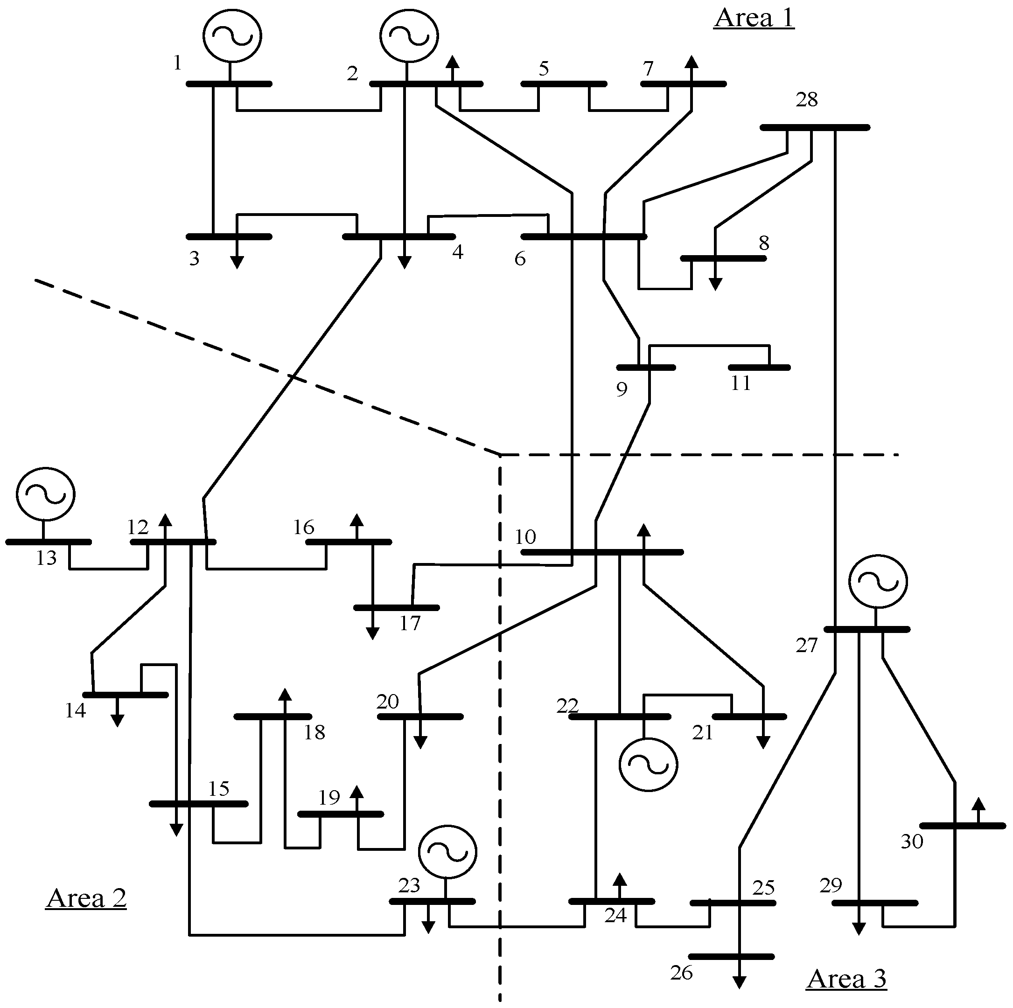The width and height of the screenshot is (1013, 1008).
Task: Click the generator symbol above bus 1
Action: coord(232,35)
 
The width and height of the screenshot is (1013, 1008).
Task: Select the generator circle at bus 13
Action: coord(46,494)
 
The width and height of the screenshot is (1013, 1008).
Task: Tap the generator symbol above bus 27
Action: coord(878,581)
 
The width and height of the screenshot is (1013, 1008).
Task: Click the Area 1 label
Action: coord(754,18)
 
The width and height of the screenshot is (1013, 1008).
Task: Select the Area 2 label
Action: coord(86,898)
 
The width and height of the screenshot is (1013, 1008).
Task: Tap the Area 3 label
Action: coord(846,979)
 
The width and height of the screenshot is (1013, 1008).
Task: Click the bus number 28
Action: coord(806,99)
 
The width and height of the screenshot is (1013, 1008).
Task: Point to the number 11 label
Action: coord(741,383)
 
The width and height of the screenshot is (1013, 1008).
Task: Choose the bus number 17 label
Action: coord(410,623)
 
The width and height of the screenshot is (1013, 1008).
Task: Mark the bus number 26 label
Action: coord(682,973)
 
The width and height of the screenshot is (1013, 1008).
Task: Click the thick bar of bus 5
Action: coord(564,84)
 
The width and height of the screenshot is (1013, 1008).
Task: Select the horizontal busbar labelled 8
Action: coord(724,258)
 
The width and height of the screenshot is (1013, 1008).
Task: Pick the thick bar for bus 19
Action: coord(341,814)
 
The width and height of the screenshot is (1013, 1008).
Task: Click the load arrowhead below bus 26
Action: coord(739,982)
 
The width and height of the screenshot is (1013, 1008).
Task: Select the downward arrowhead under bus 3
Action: coord(237,263)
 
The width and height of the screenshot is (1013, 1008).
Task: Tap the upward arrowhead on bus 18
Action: coord(285,695)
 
